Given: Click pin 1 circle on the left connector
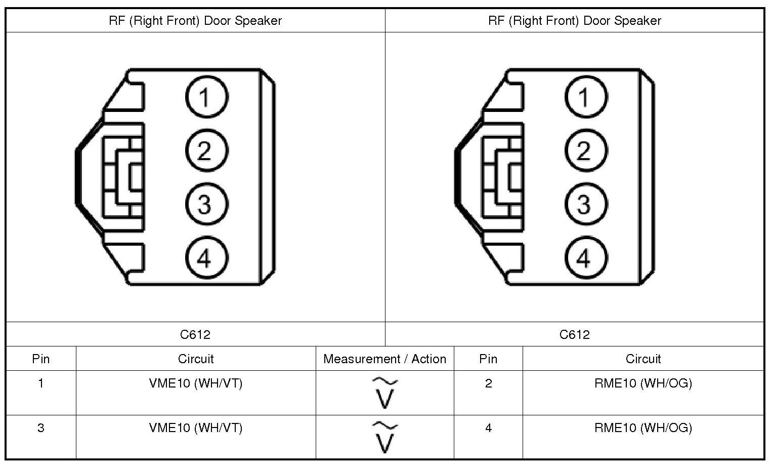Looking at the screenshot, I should [206, 97].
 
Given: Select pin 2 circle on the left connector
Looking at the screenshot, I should [206, 150].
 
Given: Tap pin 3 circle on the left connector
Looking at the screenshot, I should [206, 204].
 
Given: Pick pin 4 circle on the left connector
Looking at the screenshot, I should [206, 258].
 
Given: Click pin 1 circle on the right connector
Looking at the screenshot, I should [585, 97].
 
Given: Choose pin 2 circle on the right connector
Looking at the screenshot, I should [585, 150].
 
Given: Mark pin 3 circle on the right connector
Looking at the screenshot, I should [585, 204].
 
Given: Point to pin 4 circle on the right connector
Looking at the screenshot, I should [585, 258].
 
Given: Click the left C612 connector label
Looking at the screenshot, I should [195, 334].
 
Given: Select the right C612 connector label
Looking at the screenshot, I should [575, 334].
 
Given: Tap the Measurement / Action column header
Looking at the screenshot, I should [384, 359].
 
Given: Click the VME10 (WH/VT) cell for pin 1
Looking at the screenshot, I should [196, 383].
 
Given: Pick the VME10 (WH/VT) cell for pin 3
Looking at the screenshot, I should [196, 428].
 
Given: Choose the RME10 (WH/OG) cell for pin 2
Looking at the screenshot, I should [643, 383].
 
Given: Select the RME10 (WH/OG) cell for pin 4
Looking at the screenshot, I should [643, 428].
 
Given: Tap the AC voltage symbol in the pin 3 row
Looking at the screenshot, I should [385, 437].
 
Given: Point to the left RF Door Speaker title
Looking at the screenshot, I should [195, 21].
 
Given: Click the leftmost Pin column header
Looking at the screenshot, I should [41, 359].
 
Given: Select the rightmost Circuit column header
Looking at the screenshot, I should [643, 359].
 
